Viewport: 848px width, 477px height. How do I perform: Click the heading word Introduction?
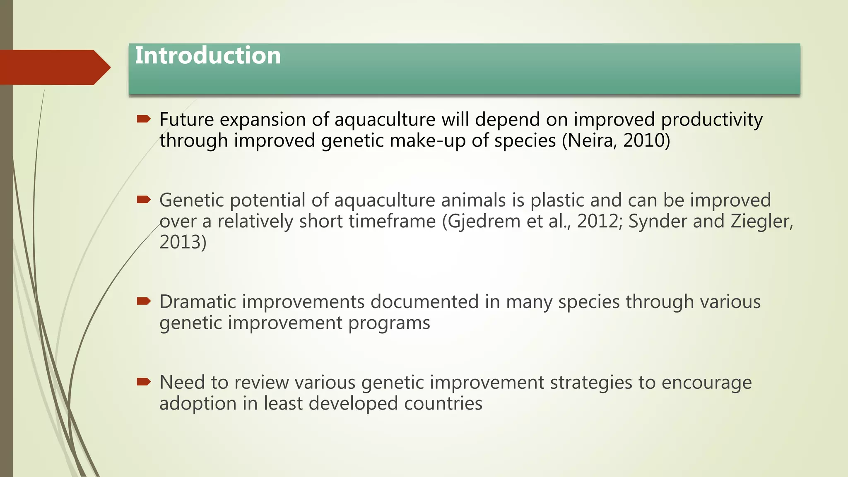(x=208, y=55)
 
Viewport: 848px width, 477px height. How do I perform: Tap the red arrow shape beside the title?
(x=54, y=67)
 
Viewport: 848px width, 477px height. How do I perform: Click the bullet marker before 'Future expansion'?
(x=144, y=119)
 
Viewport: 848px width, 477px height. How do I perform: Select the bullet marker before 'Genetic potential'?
(x=144, y=200)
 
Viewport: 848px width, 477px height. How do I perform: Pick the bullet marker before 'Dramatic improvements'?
(x=144, y=301)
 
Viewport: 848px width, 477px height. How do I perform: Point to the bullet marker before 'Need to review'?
(x=144, y=382)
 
